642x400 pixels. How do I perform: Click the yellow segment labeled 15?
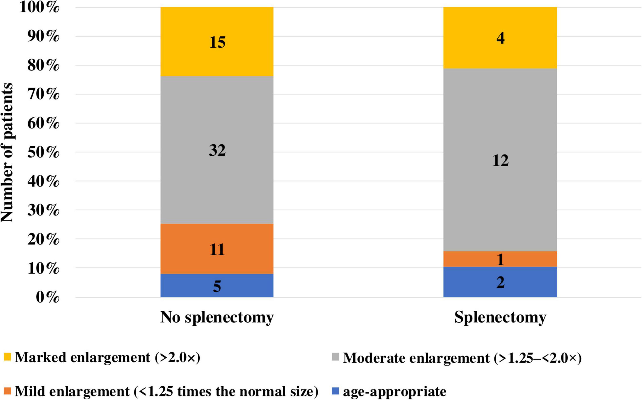pyautogui.click(x=217, y=42)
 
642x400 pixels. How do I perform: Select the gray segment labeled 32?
pyautogui.click(x=217, y=150)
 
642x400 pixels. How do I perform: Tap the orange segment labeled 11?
pyautogui.click(x=217, y=249)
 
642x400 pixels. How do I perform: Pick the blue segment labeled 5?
pyautogui.click(x=217, y=285)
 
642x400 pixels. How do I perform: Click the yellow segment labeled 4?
pyautogui.click(x=500, y=38)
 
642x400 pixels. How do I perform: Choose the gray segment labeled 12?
pyautogui.click(x=500, y=160)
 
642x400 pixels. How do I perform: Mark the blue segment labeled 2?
pyautogui.click(x=500, y=282)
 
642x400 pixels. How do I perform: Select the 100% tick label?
pyautogui.click(x=40, y=7)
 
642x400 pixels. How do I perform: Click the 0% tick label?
pyautogui.click(x=48, y=297)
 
